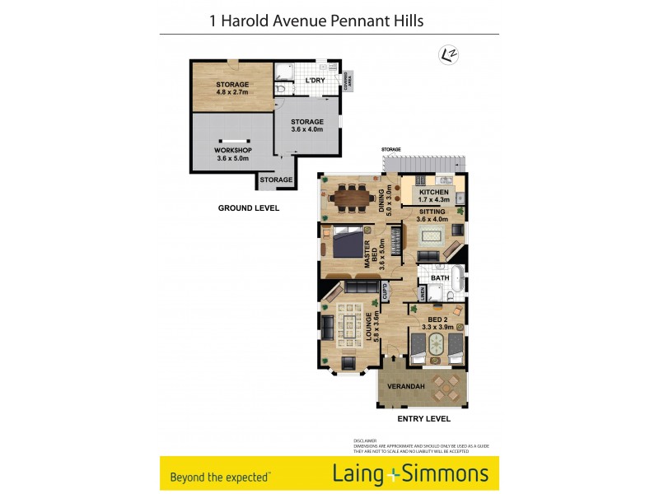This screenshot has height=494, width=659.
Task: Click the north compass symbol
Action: (x=449, y=54)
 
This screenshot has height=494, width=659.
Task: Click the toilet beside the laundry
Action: (x=281, y=87)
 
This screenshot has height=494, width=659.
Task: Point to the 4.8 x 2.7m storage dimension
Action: (x=232, y=92)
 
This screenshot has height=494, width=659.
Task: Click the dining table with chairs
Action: (x=350, y=197)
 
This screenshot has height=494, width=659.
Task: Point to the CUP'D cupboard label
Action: (x=385, y=291)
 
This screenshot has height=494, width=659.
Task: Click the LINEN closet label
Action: (x=422, y=293)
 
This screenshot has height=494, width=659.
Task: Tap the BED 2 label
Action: (x=437, y=319)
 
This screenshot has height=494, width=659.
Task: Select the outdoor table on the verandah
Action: (x=446, y=386)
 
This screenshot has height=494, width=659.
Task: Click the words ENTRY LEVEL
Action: (x=423, y=419)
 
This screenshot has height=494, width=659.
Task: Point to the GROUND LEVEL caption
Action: (x=248, y=208)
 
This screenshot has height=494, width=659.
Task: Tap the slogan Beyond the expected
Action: (x=219, y=476)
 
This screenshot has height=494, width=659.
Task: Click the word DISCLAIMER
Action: (x=365, y=440)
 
